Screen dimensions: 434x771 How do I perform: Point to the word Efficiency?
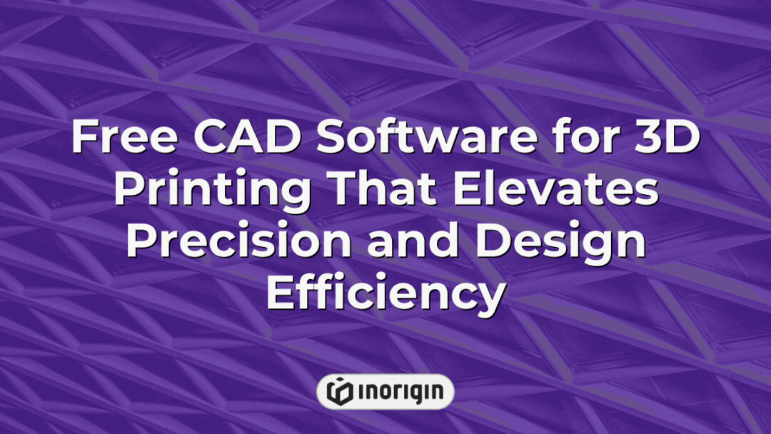(385, 293)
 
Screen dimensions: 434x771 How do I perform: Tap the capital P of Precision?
(141, 242)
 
